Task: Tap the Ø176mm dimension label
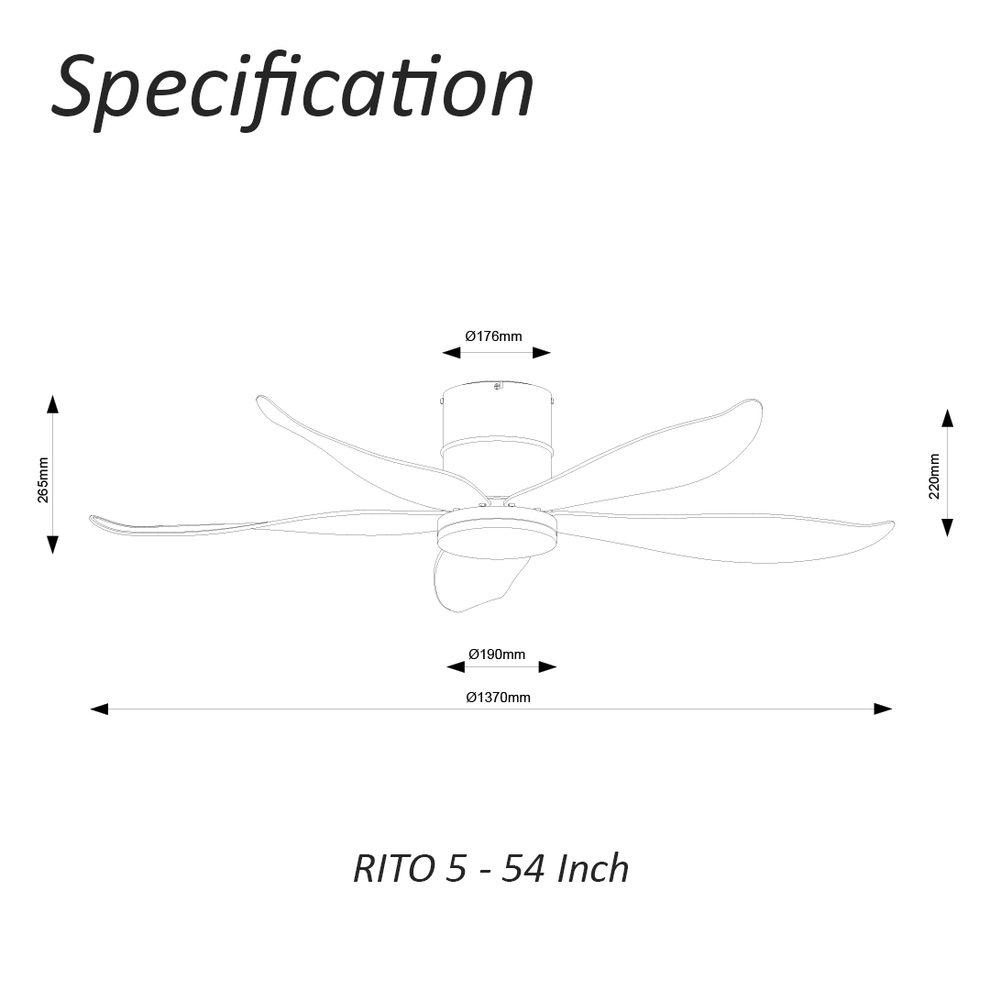click(x=493, y=336)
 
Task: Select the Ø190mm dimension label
click(x=497, y=654)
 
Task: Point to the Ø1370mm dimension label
click(x=498, y=698)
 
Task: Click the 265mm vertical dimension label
click(x=43, y=478)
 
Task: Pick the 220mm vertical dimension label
click(x=934, y=476)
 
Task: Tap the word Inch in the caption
click(x=593, y=868)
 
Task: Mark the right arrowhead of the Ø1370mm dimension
click(x=883, y=709)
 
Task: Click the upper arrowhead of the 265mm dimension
click(x=53, y=404)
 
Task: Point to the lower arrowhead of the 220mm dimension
click(x=947, y=527)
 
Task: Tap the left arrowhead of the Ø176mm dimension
click(x=450, y=353)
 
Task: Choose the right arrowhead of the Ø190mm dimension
click(x=547, y=667)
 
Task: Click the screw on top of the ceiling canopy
click(x=498, y=386)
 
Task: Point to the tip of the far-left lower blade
click(x=95, y=520)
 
